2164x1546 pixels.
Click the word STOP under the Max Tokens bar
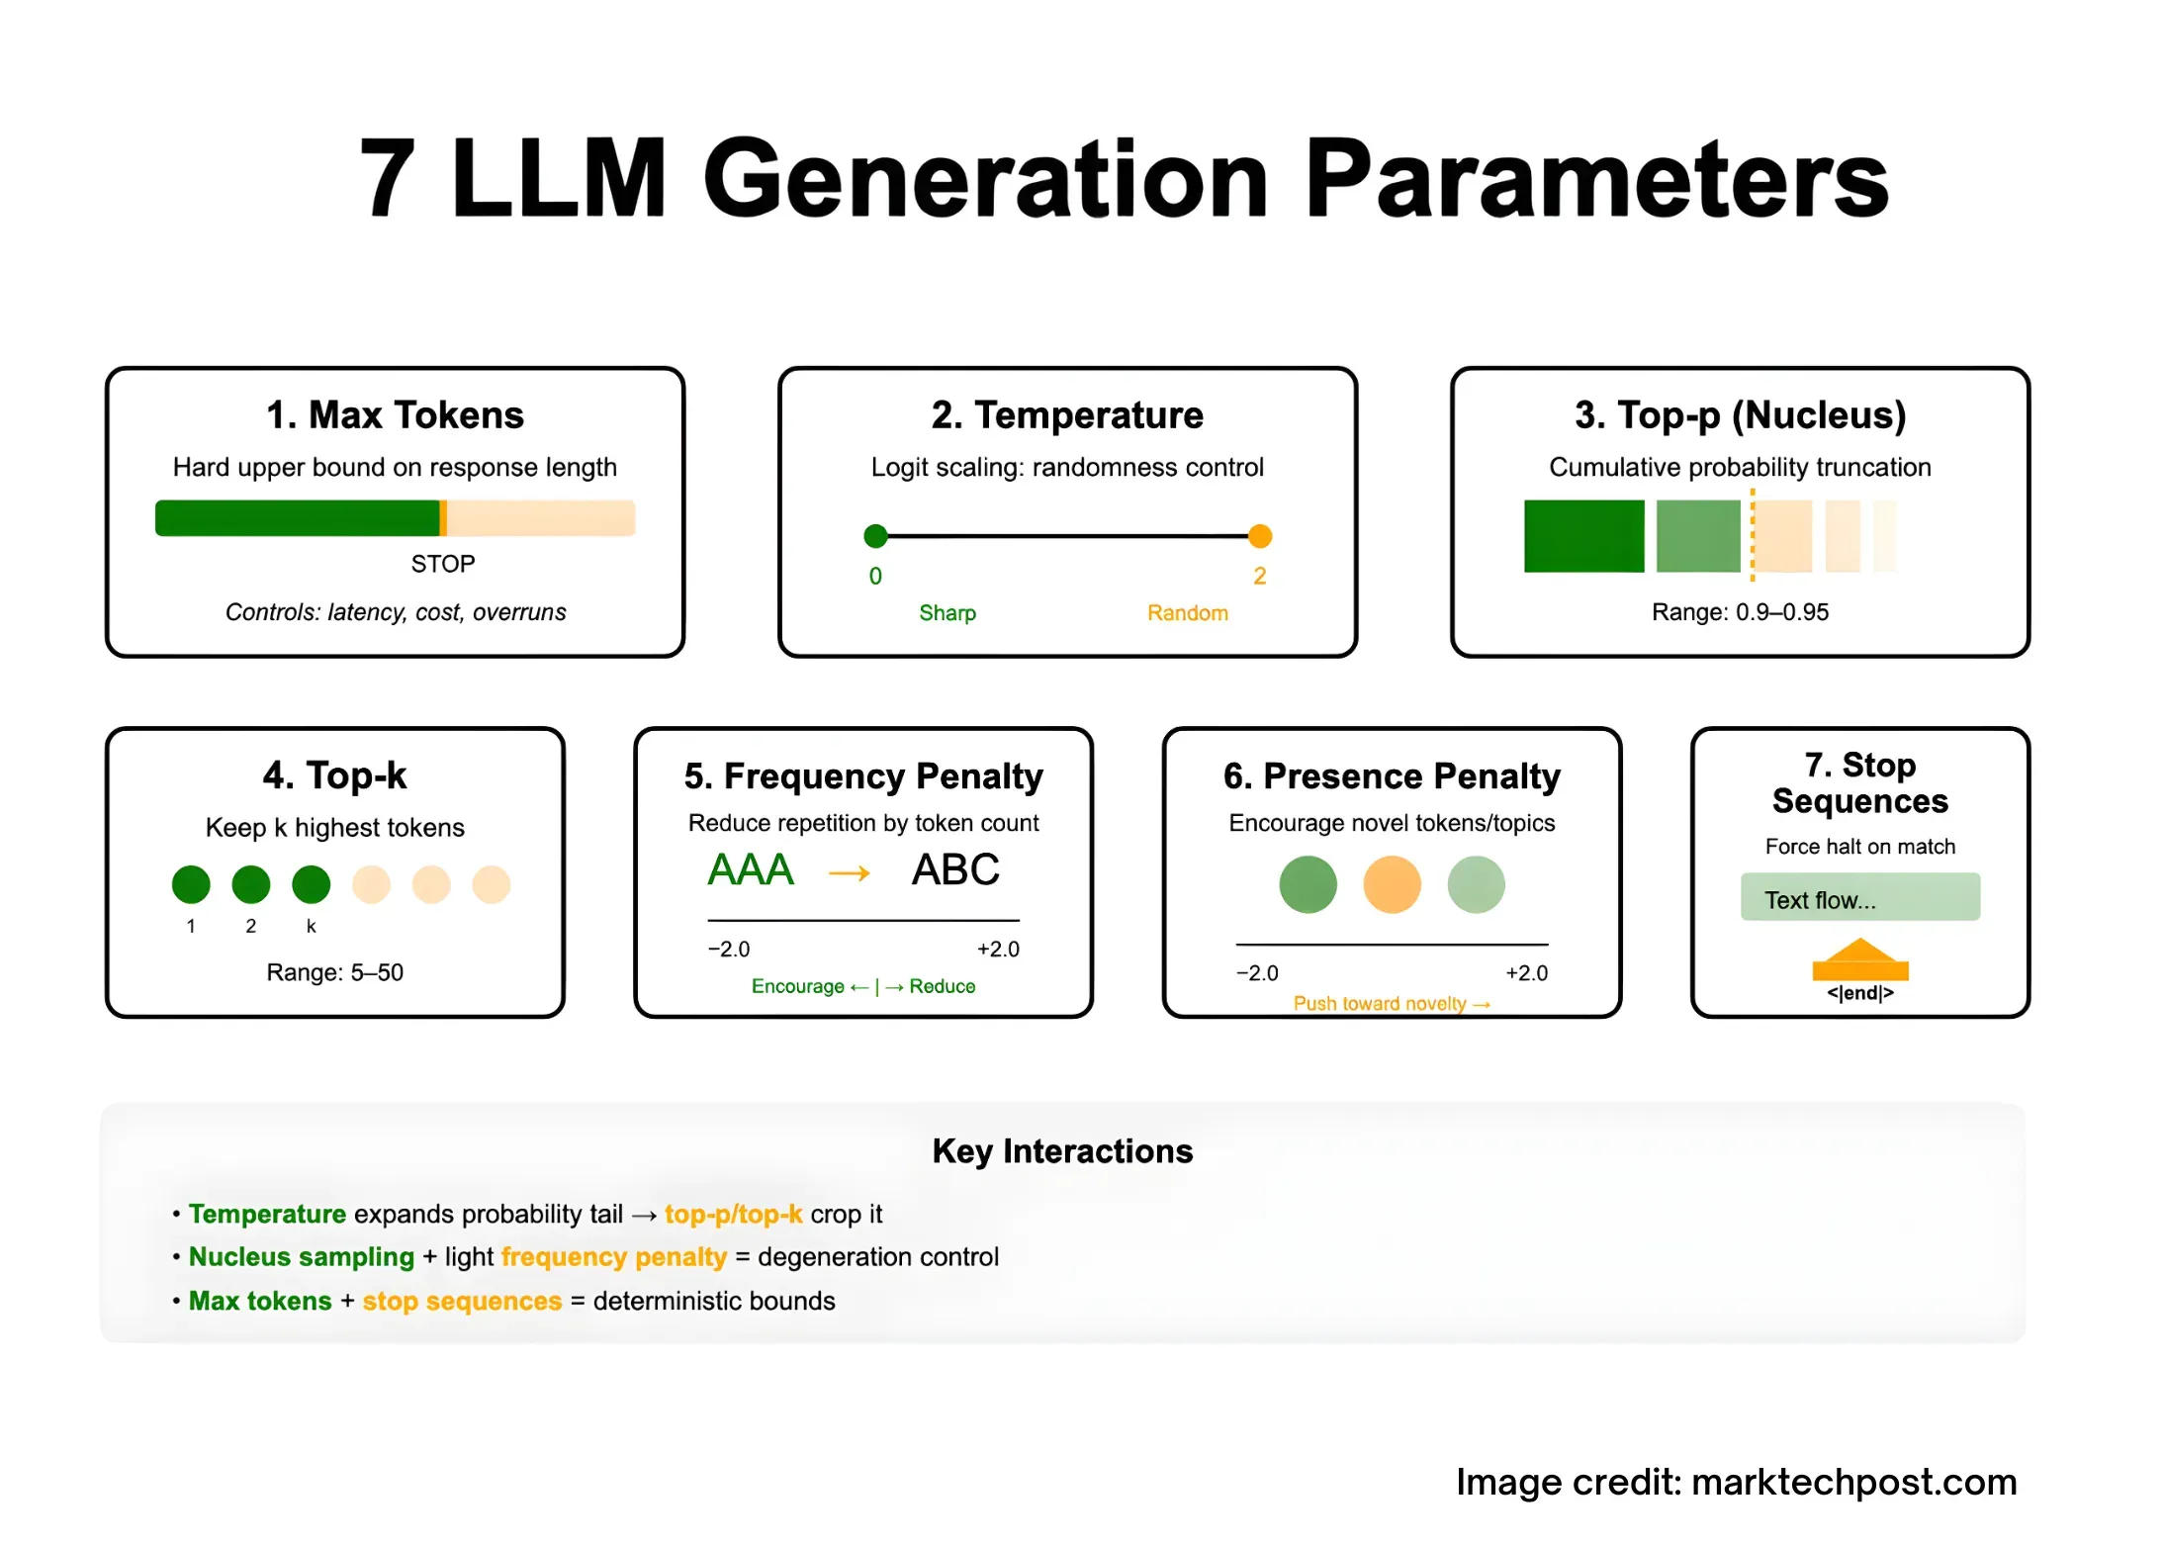pos(443,564)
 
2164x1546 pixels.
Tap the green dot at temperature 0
pos(875,536)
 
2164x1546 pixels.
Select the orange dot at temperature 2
pos(1260,536)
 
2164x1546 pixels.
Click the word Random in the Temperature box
pos(1187,613)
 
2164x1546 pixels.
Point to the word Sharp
pos(947,613)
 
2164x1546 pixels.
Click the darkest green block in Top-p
pos(1583,536)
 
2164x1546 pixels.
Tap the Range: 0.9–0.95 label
pos(1740,612)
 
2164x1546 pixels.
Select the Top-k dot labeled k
pos(312,884)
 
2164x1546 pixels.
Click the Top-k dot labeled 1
pos(191,884)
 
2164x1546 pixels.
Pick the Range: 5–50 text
pos(334,972)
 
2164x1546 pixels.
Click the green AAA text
pos(751,870)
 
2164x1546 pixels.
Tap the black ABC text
pos(955,870)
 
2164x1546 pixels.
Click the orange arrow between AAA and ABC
pos(850,873)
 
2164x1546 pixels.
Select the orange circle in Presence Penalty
pos(1392,884)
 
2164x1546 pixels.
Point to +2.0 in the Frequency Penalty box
pos(998,950)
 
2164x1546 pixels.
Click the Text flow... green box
pos(1859,898)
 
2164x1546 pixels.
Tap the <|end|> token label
pos(1859,993)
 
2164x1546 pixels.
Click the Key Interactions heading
pos(1062,1151)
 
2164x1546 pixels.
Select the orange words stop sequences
pos(462,1301)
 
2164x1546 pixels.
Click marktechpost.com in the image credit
pos(1853,1482)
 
